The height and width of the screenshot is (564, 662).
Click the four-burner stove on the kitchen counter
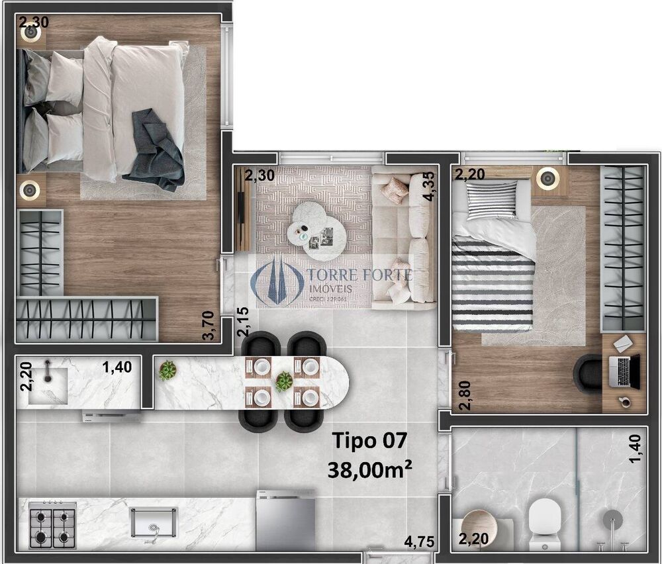tap(52, 525)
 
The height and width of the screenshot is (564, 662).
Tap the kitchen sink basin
tap(154, 523)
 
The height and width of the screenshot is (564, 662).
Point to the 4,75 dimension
tap(418, 543)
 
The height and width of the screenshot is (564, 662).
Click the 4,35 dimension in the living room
tap(430, 186)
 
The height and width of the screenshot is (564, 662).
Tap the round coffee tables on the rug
tap(316, 230)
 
